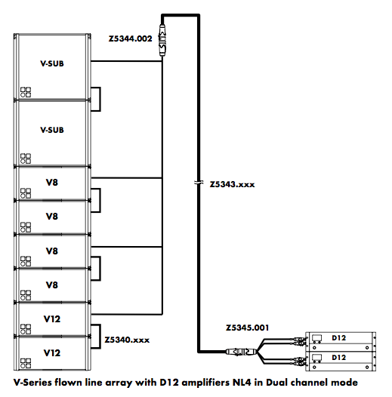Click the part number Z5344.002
(130, 38)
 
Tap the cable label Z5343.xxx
(232, 184)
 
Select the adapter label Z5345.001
(247, 328)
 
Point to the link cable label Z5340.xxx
(127, 340)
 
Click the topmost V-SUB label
(52, 63)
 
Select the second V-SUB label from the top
(52, 130)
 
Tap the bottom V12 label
(52, 353)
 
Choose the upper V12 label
(52, 319)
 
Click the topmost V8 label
(52, 183)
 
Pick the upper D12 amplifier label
(339, 338)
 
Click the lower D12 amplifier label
(339, 358)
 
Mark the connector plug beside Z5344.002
(162, 39)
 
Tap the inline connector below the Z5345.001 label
(241, 352)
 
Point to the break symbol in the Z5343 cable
(199, 183)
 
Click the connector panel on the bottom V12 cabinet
(26, 363)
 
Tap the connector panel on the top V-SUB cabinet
(26, 92)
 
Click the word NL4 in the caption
(242, 383)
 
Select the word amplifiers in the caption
(205, 383)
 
